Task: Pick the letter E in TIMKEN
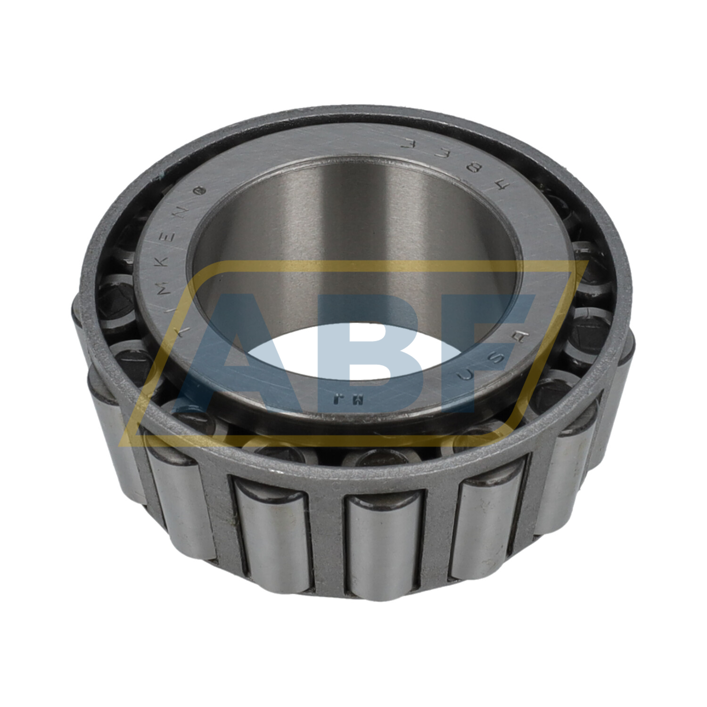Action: pyautogui.click(x=173, y=233)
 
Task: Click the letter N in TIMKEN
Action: pyautogui.click(x=185, y=211)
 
